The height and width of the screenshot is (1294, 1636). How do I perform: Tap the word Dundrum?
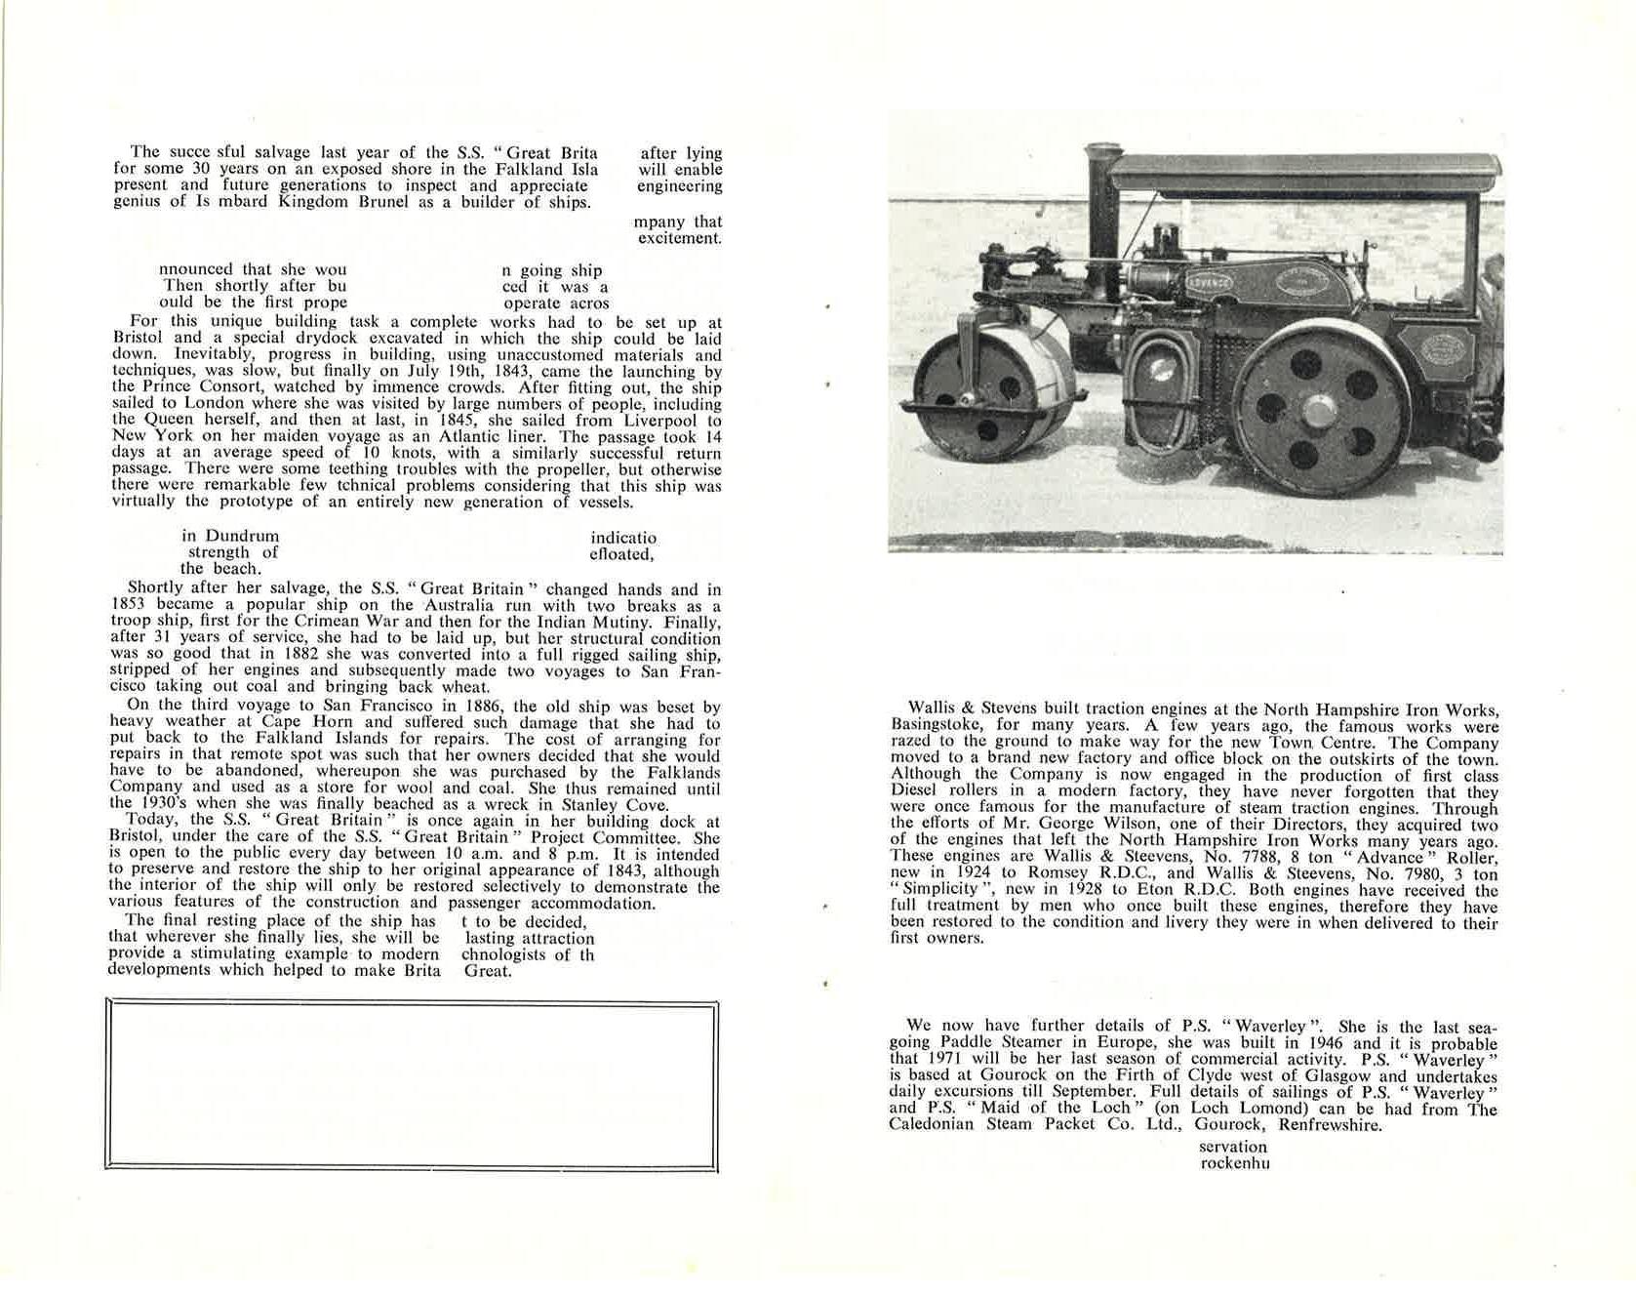(242, 536)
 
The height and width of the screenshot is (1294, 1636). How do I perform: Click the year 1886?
(485, 707)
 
